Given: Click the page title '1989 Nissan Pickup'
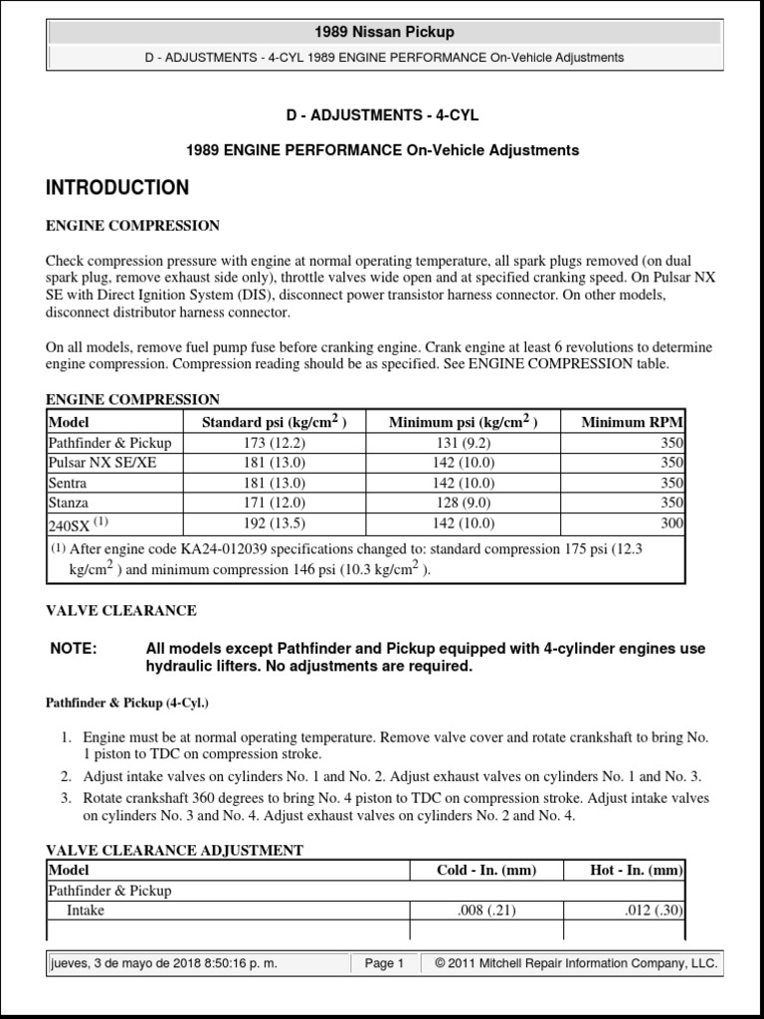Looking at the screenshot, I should point(383,32).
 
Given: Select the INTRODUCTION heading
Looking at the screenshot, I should point(117,188).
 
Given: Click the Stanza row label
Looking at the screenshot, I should point(69,503).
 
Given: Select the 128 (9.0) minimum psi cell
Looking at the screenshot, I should point(463,503).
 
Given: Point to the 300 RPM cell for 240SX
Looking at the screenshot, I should point(671,522).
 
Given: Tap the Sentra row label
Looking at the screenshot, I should point(68,483).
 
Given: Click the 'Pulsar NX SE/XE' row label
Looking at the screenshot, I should point(102,463).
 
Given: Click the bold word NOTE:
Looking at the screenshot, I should point(74,649).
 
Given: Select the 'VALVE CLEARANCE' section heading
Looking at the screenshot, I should point(121,610).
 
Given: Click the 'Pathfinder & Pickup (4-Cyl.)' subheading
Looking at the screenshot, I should point(127,703).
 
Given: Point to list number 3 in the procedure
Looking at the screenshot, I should point(66,798).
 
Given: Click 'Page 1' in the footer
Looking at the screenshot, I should point(384,963).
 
